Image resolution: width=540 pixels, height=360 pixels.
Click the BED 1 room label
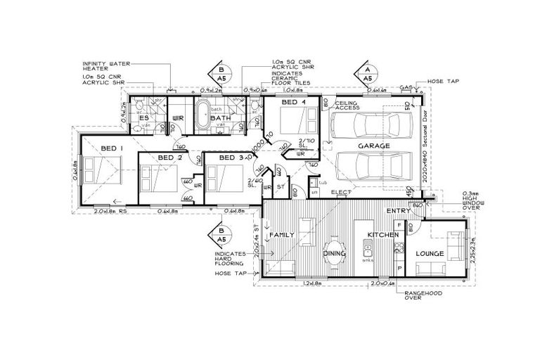coord(112,148)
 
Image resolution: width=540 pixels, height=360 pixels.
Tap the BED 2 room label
coord(169,157)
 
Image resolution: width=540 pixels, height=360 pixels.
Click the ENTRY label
coord(398,210)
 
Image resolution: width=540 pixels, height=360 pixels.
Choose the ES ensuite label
coord(143,118)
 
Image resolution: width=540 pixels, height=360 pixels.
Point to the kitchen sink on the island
coord(366,248)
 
